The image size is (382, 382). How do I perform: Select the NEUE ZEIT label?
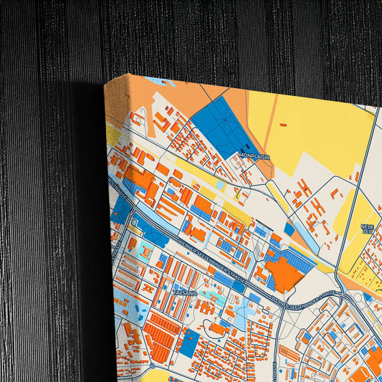coord(367,229)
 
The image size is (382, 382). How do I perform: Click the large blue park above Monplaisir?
coord(221,126)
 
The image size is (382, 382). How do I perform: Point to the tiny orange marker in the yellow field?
coord(282,125)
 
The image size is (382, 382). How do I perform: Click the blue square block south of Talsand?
coord(188,343)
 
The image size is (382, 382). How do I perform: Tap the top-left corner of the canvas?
coord(105,84)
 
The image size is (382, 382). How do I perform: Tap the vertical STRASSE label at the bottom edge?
coord(276,370)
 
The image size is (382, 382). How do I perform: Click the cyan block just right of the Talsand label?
coord(207,293)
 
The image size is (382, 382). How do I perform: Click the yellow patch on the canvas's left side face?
coord(113,134)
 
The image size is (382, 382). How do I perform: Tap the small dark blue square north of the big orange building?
coord(289,229)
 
